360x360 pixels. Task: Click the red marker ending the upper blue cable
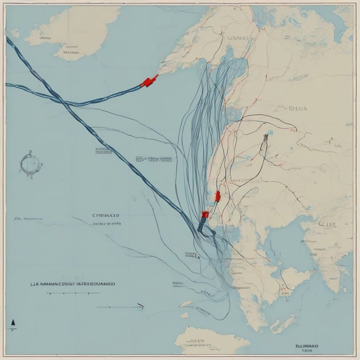click(x=149, y=81)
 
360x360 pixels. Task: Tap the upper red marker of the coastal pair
click(x=218, y=196)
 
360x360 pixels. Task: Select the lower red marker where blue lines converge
click(x=205, y=215)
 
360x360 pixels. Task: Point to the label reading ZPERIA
click(x=297, y=108)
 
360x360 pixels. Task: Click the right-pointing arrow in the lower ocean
click(x=128, y=306)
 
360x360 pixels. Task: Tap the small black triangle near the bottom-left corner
click(x=12, y=323)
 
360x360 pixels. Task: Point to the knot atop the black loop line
click(x=265, y=138)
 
